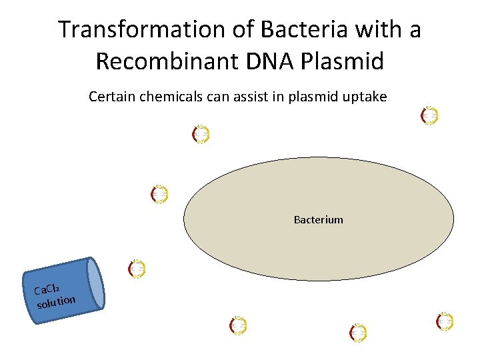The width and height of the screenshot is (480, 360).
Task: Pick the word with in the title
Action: (x=359, y=30)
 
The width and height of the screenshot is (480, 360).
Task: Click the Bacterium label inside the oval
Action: (x=319, y=219)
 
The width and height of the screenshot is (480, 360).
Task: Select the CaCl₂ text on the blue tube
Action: (x=48, y=289)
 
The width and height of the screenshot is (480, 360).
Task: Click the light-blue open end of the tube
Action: (x=97, y=283)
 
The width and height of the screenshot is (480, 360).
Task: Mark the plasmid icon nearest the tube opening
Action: (x=137, y=269)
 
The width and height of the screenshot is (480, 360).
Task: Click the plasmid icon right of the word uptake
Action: (x=430, y=115)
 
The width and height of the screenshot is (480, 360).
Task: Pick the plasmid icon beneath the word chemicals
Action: (x=201, y=135)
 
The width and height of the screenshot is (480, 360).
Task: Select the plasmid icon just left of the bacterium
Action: (x=159, y=194)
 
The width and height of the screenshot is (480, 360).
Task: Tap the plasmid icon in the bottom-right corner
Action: (x=445, y=321)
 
